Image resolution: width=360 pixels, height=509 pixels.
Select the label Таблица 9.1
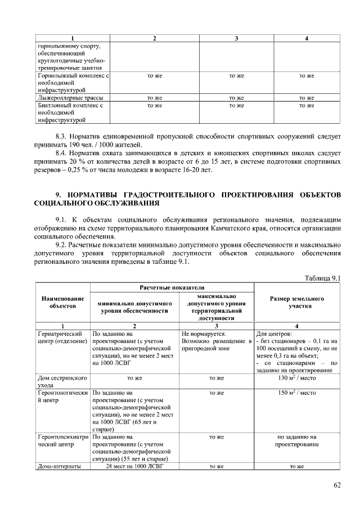coord(323,278)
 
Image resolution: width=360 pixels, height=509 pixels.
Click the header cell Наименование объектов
coord(63,301)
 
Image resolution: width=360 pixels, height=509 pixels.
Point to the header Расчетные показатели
coord(173,287)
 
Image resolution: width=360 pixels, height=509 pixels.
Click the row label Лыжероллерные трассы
coord(70,98)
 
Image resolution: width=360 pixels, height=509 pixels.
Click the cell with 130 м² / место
coord(296,379)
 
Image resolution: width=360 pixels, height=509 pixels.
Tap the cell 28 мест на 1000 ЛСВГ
coord(135,466)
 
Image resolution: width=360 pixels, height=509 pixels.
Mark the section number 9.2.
coord(62,245)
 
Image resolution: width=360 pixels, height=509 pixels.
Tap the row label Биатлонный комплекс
coord(70,112)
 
